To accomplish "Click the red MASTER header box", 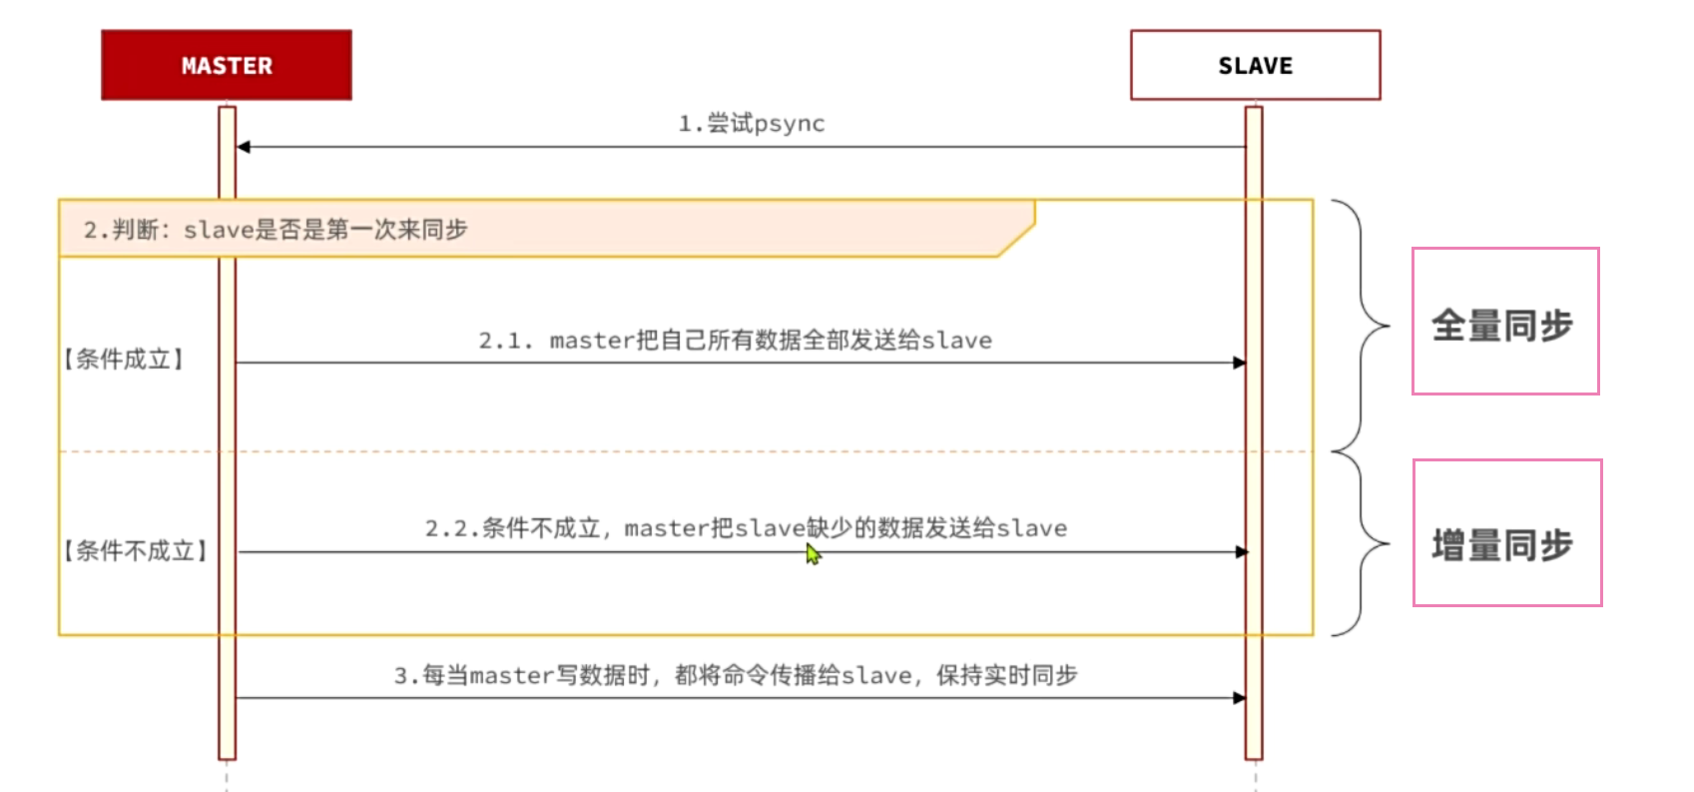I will point(227,65).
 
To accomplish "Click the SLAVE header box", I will point(1255,65).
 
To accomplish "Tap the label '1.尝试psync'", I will point(751,124).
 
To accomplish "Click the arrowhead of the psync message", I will point(243,147).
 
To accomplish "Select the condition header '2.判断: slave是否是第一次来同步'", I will point(276,230).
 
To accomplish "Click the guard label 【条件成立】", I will point(124,360).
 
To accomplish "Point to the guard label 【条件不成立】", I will point(135,550).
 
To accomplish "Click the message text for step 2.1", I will point(735,341).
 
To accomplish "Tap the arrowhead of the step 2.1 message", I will point(1240,363).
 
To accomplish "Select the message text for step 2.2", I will point(746,528).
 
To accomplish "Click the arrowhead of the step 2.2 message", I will point(1242,551).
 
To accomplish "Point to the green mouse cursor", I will point(813,554).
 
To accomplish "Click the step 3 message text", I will point(735,676).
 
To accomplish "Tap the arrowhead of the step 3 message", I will point(1240,698).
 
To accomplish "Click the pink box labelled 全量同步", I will point(1505,322).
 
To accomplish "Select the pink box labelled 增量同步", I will point(1507,532).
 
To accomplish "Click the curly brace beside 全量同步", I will point(1364,326).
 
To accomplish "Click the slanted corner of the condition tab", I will point(1016,239).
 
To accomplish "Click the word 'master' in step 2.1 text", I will point(592,341).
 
